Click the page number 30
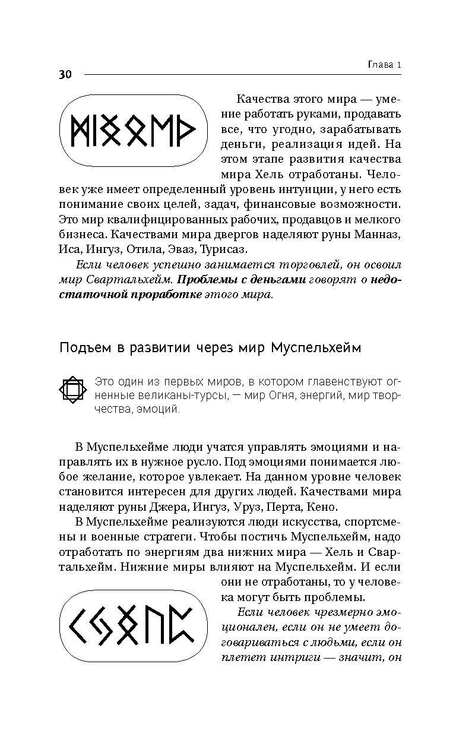coord(65,74)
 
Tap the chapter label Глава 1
coord(381,65)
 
